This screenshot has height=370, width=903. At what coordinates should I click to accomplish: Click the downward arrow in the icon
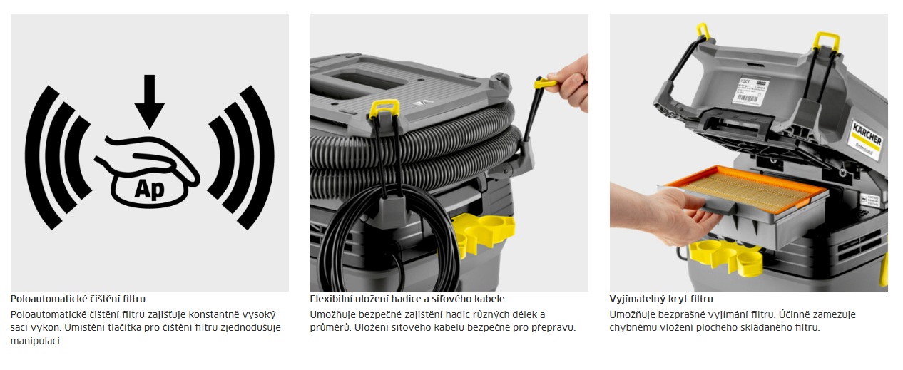149,101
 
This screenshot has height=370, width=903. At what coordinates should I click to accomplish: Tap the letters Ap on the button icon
149,189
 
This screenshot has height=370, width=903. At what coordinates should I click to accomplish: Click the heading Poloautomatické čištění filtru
78,299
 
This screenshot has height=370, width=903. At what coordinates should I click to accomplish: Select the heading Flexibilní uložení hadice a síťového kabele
407,299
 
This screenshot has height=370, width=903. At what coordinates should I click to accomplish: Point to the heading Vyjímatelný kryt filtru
661,299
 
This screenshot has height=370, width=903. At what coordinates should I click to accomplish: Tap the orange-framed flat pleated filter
746,189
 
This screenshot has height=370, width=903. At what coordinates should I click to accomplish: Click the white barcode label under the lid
749,91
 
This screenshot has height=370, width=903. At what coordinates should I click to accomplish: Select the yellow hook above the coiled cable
384,108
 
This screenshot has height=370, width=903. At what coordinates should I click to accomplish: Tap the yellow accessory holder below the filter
725,257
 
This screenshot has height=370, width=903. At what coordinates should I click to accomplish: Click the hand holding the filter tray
665,214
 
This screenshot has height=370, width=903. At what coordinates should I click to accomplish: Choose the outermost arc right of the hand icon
260,157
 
